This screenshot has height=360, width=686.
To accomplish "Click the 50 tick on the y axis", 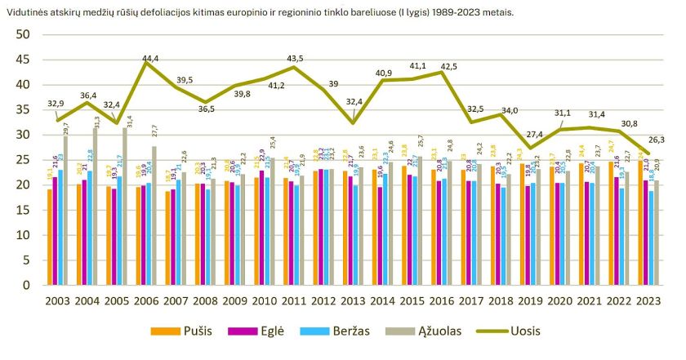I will tap(22, 34).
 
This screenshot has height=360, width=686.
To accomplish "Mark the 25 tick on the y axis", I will tap(22, 160).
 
